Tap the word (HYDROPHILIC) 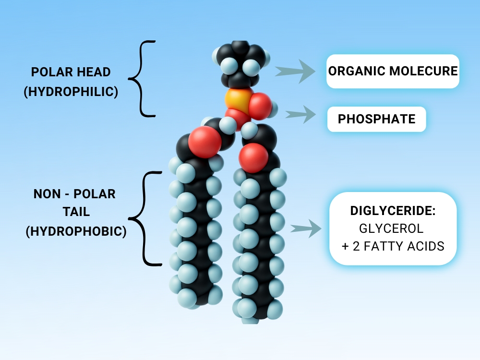coord(71,91)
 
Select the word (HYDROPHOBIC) coord(76,232)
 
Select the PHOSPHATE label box coord(377,119)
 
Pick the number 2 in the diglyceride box coord(359,246)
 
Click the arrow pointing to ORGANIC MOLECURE coord(296,72)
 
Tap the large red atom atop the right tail coord(253,157)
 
